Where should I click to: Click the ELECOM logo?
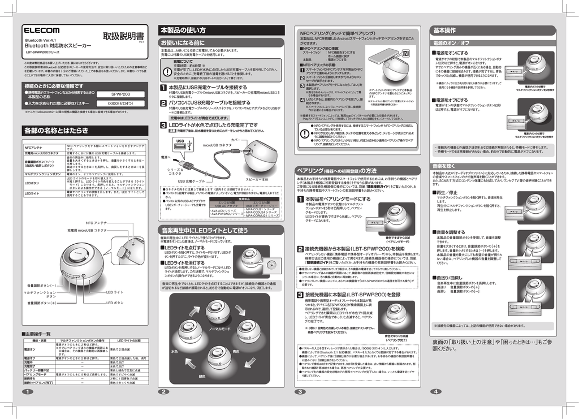pyautogui.click(x=41, y=30)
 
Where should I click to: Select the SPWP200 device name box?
pyautogui.click(x=120, y=94)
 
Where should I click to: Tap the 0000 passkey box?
pyautogui.click(x=120, y=104)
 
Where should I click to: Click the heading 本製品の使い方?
pyautogui.click(x=183, y=30)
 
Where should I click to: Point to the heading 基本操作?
pyautogui.click(x=444, y=30)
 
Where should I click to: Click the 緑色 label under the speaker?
pyautogui.click(x=202, y=376)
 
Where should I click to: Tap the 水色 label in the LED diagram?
pyautogui.click(x=174, y=351)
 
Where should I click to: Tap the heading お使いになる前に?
pyautogui.click(x=183, y=43)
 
